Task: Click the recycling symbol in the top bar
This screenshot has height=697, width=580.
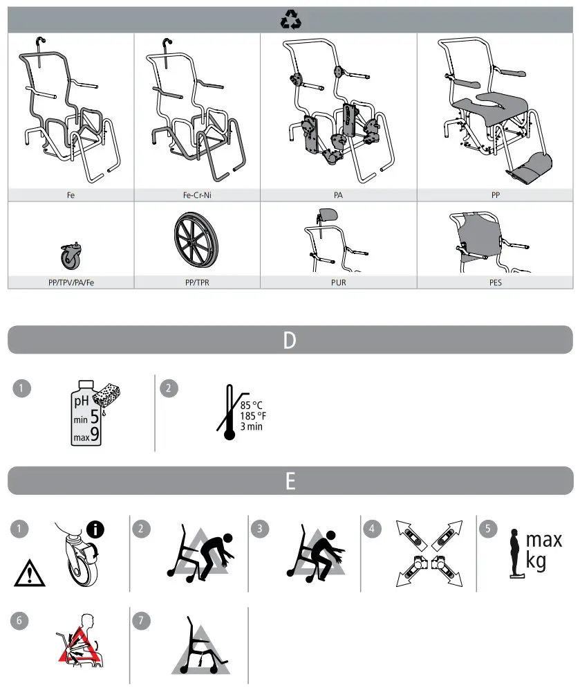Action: pos(290,21)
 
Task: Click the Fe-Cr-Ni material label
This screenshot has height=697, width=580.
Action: pos(197,196)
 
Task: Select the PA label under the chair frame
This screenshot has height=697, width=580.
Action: pos(338,196)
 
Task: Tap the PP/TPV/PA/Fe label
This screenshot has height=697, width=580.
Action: pos(71,283)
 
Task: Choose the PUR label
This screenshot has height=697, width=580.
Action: pos(338,283)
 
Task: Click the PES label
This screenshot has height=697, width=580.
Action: pos(495,283)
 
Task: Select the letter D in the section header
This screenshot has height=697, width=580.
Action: pos(290,341)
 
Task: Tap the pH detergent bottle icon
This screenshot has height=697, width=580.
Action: pos(87,413)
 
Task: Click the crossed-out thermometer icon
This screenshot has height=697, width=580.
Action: pos(227,414)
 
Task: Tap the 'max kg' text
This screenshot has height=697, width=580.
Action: pos(544,550)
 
